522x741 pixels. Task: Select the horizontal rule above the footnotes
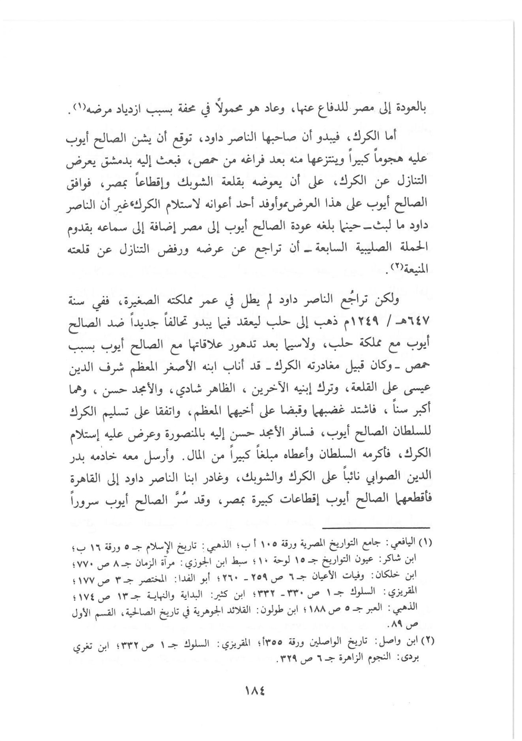pos(375,528)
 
